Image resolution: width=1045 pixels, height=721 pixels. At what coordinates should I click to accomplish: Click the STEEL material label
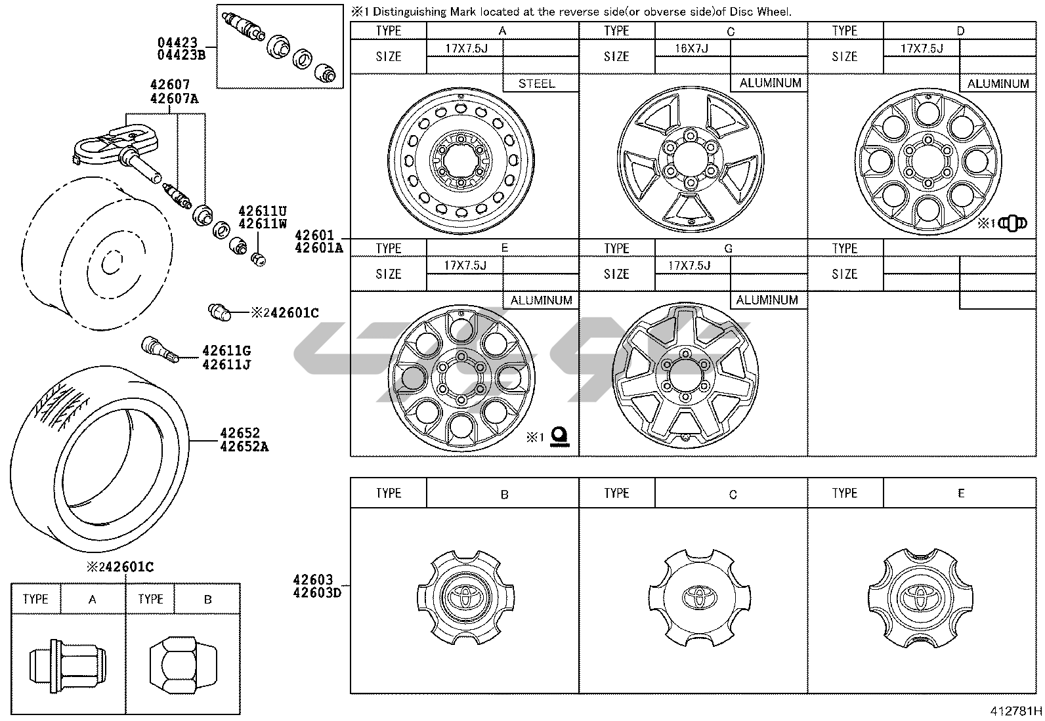pyautogui.click(x=536, y=83)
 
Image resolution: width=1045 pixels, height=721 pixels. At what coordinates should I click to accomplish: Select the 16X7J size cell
pyautogui.click(x=691, y=49)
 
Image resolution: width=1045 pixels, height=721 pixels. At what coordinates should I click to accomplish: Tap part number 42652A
pyautogui.click(x=244, y=447)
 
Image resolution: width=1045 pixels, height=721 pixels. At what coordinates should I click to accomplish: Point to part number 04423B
pyautogui.click(x=181, y=55)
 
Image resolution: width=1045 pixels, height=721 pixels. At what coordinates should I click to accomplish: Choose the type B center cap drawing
pyautogui.click(x=465, y=596)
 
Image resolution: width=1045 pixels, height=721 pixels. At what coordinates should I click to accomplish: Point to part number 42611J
pyautogui.click(x=226, y=365)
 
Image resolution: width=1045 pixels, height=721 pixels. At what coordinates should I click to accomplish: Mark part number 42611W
pyautogui.click(x=263, y=223)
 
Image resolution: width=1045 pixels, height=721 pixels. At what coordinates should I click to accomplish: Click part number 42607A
pyautogui.click(x=174, y=98)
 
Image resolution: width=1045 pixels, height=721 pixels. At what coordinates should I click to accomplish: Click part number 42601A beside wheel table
pyautogui.click(x=319, y=247)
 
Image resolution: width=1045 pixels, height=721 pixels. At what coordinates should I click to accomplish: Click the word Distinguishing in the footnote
pyautogui.click(x=405, y=11)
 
